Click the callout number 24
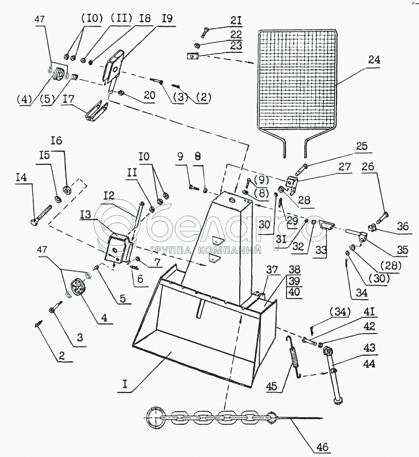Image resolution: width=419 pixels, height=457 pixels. click(x=374, y=59)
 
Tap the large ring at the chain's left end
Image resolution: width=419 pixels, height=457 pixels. click(x=153, y=417)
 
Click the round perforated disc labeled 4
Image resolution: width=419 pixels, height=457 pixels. click(x=79, y=288)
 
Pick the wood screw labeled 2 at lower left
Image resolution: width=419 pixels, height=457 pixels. click(x=39, y=326)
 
